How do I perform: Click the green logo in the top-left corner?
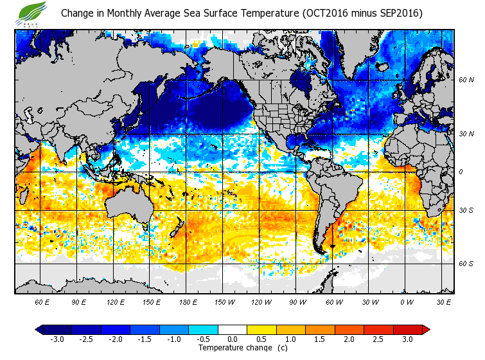[x=33, y=12]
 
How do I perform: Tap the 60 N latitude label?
[x=466, y=80]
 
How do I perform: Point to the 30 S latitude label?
[x=466, y=211]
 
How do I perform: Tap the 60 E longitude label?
[x=42, y=301]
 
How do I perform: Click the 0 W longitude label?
[x=407, y=301]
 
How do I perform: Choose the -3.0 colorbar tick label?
[x=57, y=339]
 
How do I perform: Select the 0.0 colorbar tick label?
[x=233, y=339]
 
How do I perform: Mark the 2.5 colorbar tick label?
[x=378, y=339]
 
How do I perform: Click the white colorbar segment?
[x=233, y=329]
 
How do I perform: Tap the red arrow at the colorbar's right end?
[x=425, y=329]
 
